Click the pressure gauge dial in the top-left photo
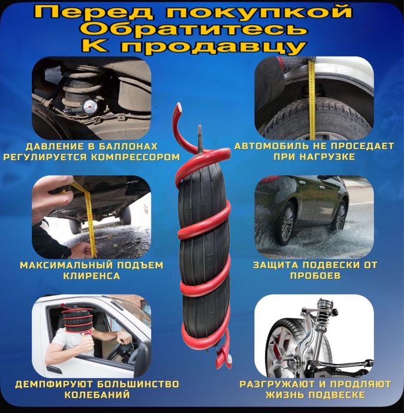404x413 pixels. pyautogui.click(x=90, y=107)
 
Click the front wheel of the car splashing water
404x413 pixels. pyautogui.click(x=287, y=222)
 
